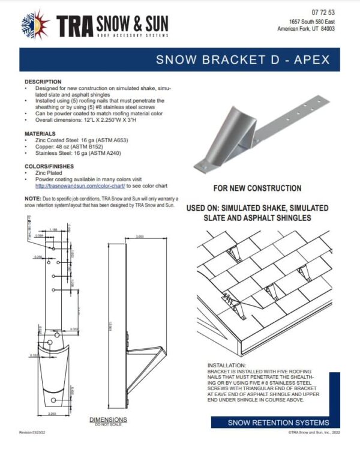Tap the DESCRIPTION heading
(x=43, y=82)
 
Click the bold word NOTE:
(x=32, y=198)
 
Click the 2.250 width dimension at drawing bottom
(x=51, y=414)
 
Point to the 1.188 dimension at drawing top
(x=53, y=229)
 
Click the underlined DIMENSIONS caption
(x=107, y=419)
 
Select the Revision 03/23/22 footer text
(x=33, y=432)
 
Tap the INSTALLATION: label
(x=227, y=365)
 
